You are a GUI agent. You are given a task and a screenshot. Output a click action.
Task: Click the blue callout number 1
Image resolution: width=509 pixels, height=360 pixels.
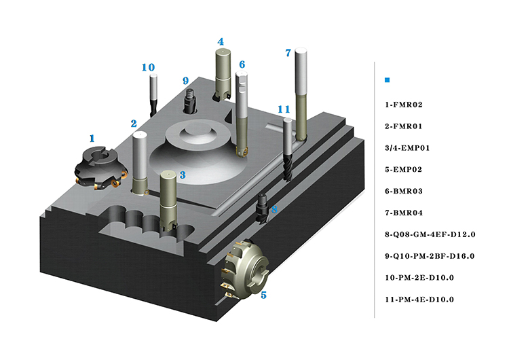[x=93, y=139]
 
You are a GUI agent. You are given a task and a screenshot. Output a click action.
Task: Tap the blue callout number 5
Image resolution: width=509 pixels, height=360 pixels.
[x=263, y=295]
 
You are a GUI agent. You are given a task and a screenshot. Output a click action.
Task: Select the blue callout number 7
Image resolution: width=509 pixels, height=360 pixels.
[x=288, y=52]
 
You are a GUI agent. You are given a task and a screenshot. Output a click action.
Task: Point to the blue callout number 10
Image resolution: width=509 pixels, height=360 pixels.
[x=148, y=67]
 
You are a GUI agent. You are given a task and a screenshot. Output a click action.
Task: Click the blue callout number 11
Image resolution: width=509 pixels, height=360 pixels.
[x=284, y=109]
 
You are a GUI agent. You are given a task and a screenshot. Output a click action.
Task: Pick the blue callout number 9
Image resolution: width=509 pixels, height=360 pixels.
[x=185, y=81]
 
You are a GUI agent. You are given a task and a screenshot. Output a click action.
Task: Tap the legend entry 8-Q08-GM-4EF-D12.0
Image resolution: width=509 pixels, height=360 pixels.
[x=430, y=234]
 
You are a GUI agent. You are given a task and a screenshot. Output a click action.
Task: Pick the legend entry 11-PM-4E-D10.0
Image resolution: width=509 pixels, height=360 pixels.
[x=419, y=300]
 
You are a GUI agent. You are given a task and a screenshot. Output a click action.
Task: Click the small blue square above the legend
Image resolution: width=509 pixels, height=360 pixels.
[x=387, y=80]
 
